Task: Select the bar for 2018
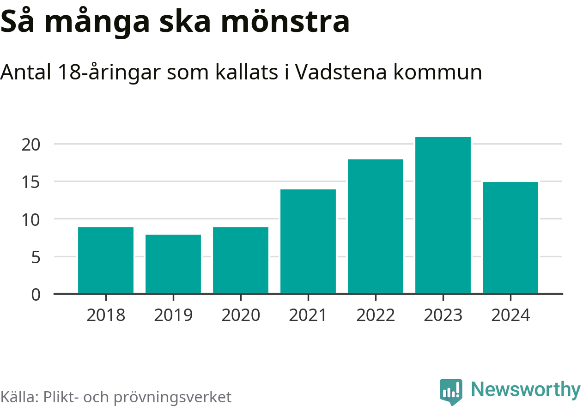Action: coord(106,260)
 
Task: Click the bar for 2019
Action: coord(173,264)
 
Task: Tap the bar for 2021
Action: coord(308,241)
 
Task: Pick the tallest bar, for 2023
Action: coord(443,215)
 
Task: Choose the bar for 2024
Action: coord(510,237)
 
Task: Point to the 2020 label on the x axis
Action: coord(241,315)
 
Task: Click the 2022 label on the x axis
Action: coord(376,315)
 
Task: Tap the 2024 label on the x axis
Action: coord(510,315)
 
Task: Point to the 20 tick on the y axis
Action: coord(31,144)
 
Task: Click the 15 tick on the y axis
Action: coord(31,182)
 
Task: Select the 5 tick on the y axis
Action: coord(36,257)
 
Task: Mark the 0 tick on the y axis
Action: coord(36,294)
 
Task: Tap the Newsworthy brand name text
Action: coord(526,390)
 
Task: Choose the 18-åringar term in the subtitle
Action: coord(110,72)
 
